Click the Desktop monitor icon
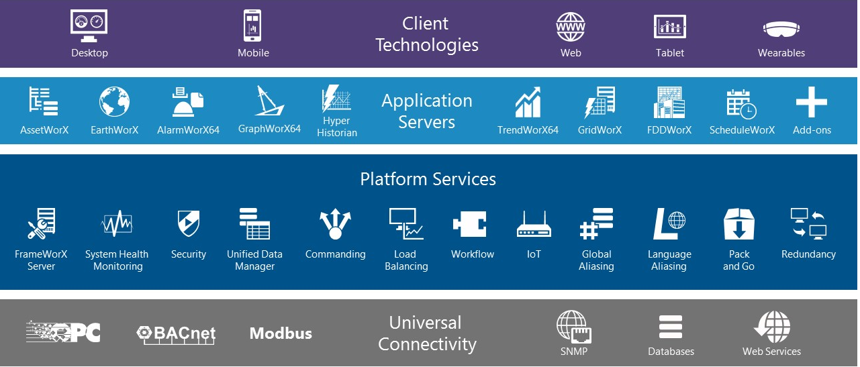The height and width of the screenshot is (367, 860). coord(89,26)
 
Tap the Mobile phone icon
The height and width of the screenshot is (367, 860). coord(253,26)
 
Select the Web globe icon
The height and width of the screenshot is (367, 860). coord(571,27)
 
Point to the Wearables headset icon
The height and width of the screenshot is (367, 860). coord(781,30)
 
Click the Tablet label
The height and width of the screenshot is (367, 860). coord(670,53)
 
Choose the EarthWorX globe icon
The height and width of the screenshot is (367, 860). coord(114,103)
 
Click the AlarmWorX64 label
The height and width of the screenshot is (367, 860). coord(188,130)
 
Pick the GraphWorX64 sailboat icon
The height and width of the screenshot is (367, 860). coord(269,101)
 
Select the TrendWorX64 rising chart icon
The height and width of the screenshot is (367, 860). coord(528,103)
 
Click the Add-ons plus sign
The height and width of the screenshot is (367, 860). coord(811,103)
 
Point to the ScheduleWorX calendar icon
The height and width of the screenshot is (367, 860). coord(741,103)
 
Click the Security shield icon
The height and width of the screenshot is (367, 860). coord(188,224)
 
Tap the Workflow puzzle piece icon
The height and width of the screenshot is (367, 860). coord(470,225)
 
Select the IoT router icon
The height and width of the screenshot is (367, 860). coord(534,225)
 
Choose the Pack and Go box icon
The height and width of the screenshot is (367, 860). coord(738,224)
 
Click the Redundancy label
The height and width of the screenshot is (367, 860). coord(808,254)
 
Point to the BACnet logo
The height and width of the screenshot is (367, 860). coord(176,334)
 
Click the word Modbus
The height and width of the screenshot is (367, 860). coord(281,333)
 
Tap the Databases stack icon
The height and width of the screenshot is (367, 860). coord(671,327)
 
